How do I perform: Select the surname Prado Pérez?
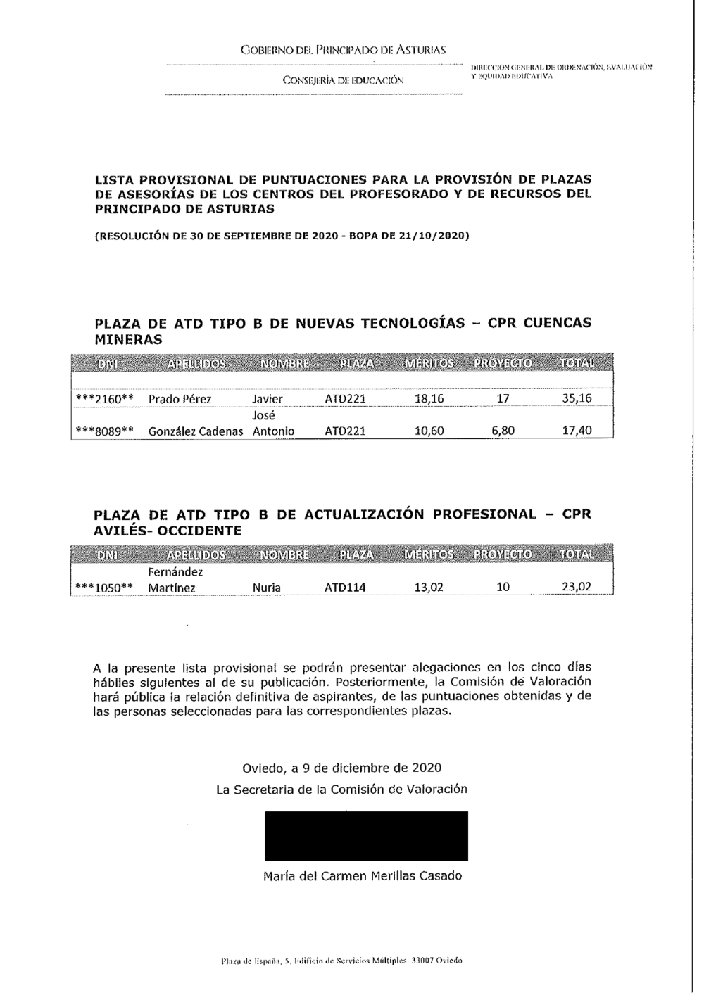pos(180,399)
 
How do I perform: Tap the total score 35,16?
pos(577,398)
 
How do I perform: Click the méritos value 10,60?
pos(429,431)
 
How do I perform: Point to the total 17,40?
pos(577,431)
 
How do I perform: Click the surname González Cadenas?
pos(196,431)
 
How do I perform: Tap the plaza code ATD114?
pos(345,588)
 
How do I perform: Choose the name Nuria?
pos(266,588)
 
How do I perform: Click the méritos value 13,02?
pos(428,588)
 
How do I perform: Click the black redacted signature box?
pos(366,835)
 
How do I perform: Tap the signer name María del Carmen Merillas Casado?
pos(363,876)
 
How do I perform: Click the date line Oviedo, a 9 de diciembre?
pos(342,767)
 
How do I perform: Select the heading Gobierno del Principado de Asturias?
pos(343,51)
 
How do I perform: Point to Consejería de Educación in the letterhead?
pos(343,80)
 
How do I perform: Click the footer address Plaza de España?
pos(341,960)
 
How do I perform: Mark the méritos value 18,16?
pos(429,399)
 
